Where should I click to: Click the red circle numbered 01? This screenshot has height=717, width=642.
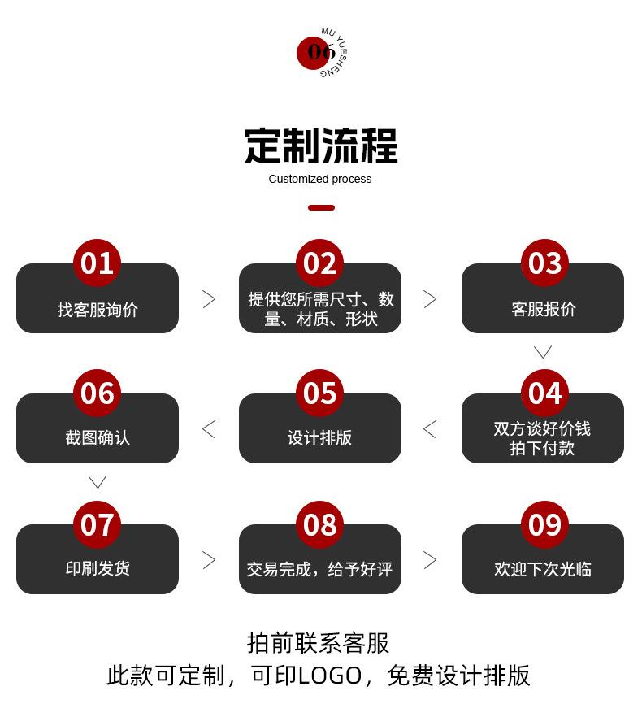(x=97, y=263)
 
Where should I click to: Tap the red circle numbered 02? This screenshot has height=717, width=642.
(x=319, y=263)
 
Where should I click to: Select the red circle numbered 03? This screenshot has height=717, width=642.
(x=544, y=263)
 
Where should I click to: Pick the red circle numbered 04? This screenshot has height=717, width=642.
(x=544, y=393)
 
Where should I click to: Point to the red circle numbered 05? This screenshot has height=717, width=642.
(x=319, y=393)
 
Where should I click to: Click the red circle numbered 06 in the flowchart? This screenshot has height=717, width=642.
(x=97, y=393)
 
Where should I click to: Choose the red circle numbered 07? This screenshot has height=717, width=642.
(x=97, y=524)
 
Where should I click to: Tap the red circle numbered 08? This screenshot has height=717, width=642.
(x=319, y=524)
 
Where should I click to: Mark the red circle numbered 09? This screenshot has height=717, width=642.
(x=544, y=524)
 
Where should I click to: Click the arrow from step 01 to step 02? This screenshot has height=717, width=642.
(x=209, y=299)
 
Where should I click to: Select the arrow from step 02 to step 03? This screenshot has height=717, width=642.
(x=430, y=299)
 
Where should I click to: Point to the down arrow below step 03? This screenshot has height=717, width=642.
(x=543, y=352)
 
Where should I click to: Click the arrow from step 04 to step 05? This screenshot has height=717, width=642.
(x=430, y=429)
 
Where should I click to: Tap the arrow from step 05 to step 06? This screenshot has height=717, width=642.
(x=209, y=429)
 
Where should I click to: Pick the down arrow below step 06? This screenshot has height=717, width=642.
(x=98, y=482)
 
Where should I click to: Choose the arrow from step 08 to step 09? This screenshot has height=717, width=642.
(x=430, y=560)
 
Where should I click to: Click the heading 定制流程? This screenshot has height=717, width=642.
(x=320, y=146)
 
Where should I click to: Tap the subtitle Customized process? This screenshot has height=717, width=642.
(x=320, y=179)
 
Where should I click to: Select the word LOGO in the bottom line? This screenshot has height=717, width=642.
(x=329, y=676)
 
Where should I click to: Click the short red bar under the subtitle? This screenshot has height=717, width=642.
(x=321, y=208)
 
